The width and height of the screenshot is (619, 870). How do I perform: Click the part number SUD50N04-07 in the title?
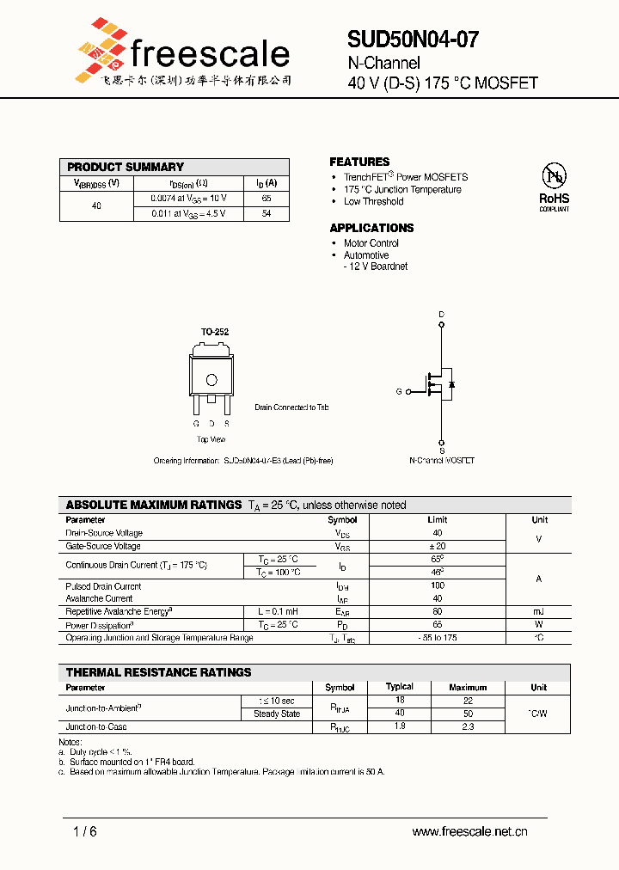click(413, 40)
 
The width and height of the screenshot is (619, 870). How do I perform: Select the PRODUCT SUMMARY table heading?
click(126, 167)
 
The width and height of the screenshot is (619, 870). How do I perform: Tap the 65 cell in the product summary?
click(267, 198)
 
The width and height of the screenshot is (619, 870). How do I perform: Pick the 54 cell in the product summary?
click(267, 213)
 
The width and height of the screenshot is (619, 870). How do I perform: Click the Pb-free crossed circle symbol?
click(554, 175)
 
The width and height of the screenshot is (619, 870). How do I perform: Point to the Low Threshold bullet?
click(373, 202)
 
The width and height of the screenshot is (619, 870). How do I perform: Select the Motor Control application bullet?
click(371, 243)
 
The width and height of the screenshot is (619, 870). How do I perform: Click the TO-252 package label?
click(215, 332)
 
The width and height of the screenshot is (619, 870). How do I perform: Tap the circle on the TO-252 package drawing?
click(211, 380)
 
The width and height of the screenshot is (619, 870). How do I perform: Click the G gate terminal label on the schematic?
click(399, 391)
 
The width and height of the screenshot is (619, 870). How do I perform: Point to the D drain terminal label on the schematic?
click(442, 315)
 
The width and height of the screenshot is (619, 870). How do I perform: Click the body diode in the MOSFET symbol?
click(452, 383)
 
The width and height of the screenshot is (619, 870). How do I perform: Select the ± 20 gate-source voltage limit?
click(438, 546)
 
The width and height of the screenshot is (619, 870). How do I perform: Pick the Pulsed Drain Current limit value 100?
click(438, 585)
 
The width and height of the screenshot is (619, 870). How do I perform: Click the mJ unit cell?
click(539, 611)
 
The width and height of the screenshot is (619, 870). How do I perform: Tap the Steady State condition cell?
click(276, 714)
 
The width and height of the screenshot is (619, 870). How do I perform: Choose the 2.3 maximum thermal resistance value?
click(468, 727)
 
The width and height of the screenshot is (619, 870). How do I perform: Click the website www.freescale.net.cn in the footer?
click(469, 831)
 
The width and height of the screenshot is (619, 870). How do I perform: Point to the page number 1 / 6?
click(85, 831)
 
